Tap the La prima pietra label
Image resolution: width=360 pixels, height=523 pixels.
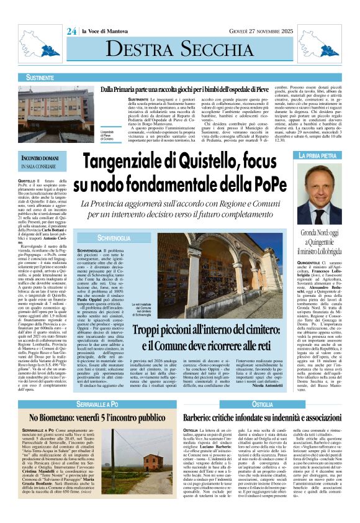click(x=319, y=155)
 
